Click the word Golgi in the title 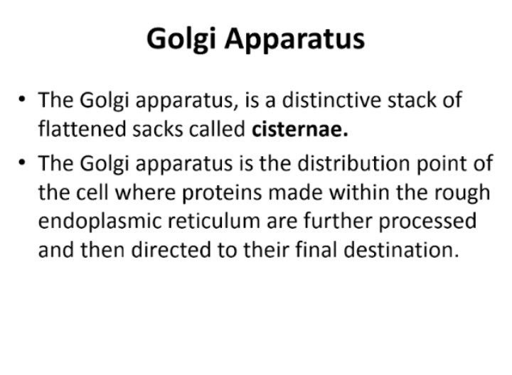click(x=181, y=39)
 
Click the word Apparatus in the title click(x=294, y=39)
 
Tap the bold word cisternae click(x=300, y=129)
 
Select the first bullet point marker click(x=22, y=99)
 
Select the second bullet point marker click(x=22, y=162)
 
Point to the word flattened click(x=82, y=129)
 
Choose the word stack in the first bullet click(x=412, y=99)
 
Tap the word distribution click(x=353, y=163)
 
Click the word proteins click(x=222, y=192)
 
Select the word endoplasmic click(x=100, y=222)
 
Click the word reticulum click(x=214, y=221)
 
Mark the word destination click(x=401, y=250)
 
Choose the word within click(x=359, y=192)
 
